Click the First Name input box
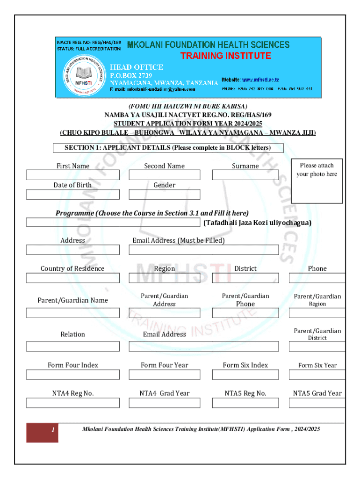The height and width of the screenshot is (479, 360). [73, 175]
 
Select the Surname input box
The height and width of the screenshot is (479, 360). [245, 175]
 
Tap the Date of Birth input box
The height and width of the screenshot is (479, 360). [73, 195]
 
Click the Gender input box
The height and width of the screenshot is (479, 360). [165, 195]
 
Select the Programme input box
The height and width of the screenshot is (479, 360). [114, 222]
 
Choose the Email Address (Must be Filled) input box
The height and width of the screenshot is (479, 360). [204, 250]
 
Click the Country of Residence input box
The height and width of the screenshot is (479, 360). [73, 278]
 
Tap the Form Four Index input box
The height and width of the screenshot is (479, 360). [73, 375]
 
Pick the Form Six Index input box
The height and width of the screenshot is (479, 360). [245, 375]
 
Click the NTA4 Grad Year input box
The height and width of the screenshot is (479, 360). [165, 403]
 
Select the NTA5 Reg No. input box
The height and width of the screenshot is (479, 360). [245, 403]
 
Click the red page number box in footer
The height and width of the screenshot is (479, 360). [42, 433]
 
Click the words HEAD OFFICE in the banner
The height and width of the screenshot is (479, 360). [136, 67]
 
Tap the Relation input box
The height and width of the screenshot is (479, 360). [73, 347]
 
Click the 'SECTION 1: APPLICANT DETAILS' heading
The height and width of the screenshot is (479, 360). [167, 148]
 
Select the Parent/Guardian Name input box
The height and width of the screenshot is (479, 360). [73, 313]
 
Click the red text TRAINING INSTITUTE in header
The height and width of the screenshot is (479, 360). [226, 56]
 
